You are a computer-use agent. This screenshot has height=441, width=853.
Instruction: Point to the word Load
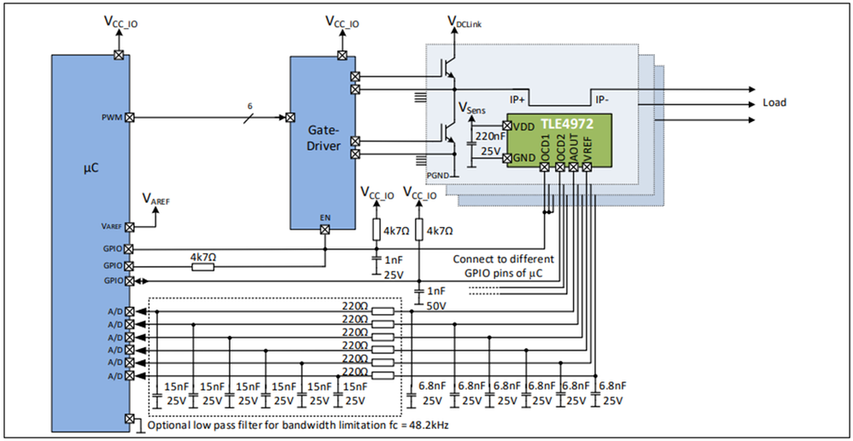pyautogui.click(x=774, y=103)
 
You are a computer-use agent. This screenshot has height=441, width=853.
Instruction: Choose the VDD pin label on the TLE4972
pyautogui.click(x=524, y=126)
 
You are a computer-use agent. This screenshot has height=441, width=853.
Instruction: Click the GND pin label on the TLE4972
pyautogui.click(x=524, y=159)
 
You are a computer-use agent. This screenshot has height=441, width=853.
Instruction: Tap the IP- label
pyautogui.click(x=602, y=100)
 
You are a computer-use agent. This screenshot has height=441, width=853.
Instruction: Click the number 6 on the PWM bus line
pyautogui.click(x=249, y=106)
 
